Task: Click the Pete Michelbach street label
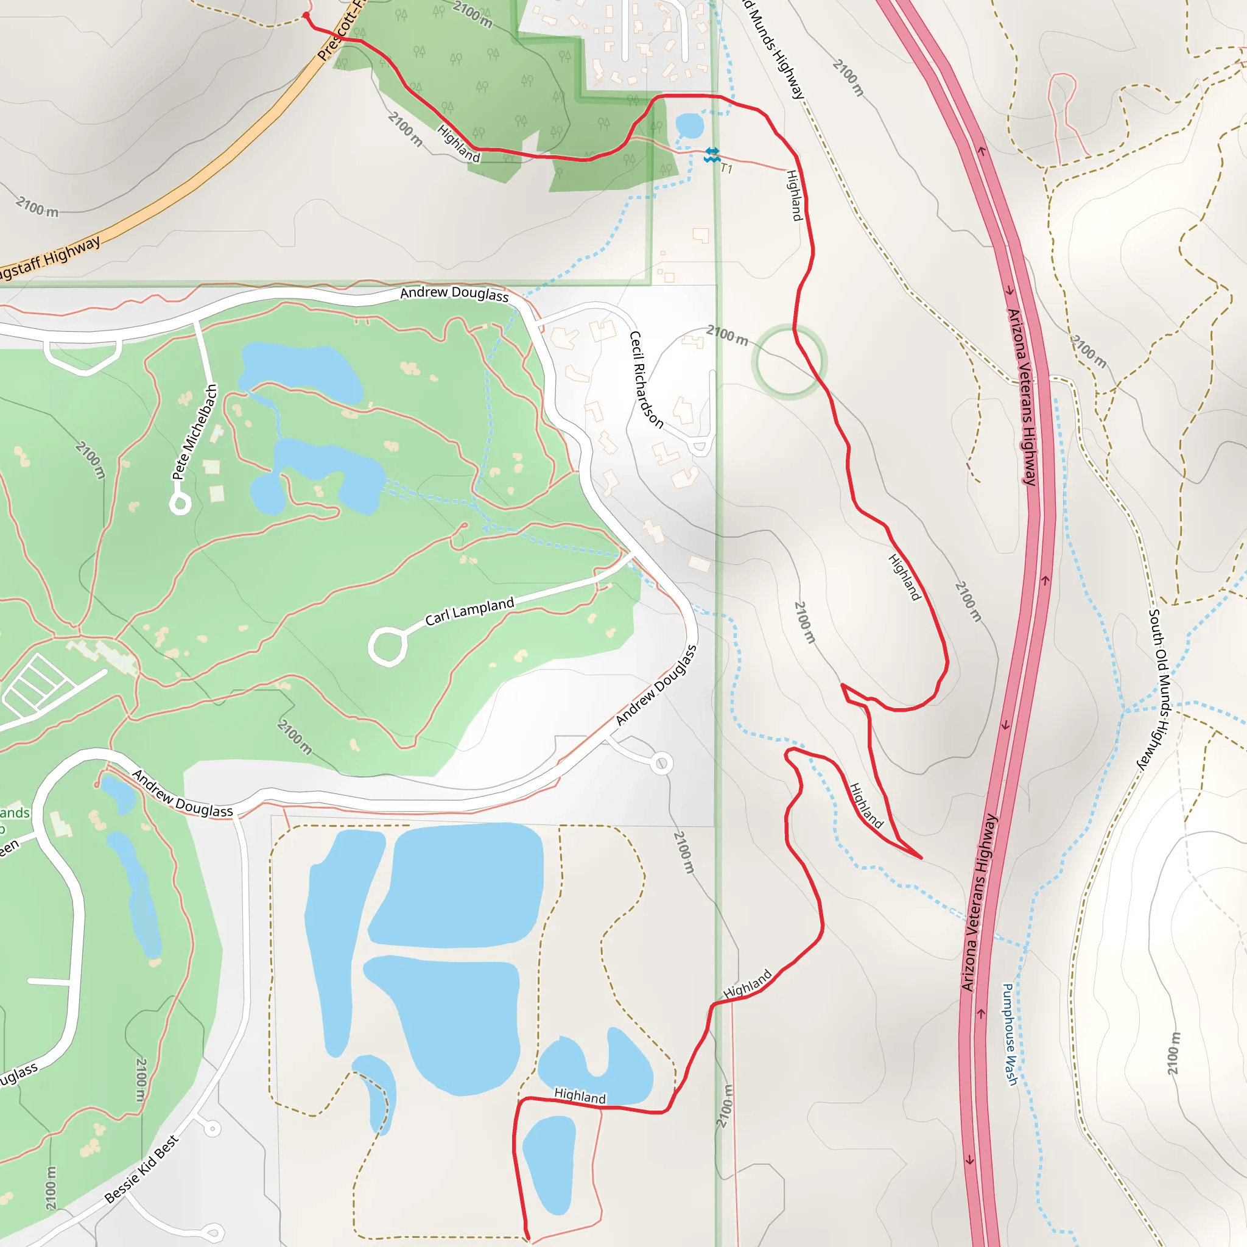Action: pyautogui.click(x=194, y=432)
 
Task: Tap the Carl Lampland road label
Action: pyautogui.click(x=469, y=611)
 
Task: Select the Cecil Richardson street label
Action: pyautogui.click(x=646, y=379)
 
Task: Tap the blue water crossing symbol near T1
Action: pyautogui.click(x=711, y=154)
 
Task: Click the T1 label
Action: pyautogui.click(x=727, y=169)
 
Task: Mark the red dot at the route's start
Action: pyautogui.click(x=306, y=15)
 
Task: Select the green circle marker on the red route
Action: pyautogui.click(x=789, y=362)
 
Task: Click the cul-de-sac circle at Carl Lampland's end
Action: pyautogui.click(x=387, y=646)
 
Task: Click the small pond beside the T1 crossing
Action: pyautogui.click(x=689, y=125)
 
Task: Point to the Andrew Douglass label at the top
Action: pyautogui.click(x=454, y=293)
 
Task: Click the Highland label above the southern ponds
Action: pyautogui.click(x=580, y=1095)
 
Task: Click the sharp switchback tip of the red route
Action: pyautogui.click(x=921, y=858)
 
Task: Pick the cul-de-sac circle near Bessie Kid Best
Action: pyautogui.click(x=213, y=1128)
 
